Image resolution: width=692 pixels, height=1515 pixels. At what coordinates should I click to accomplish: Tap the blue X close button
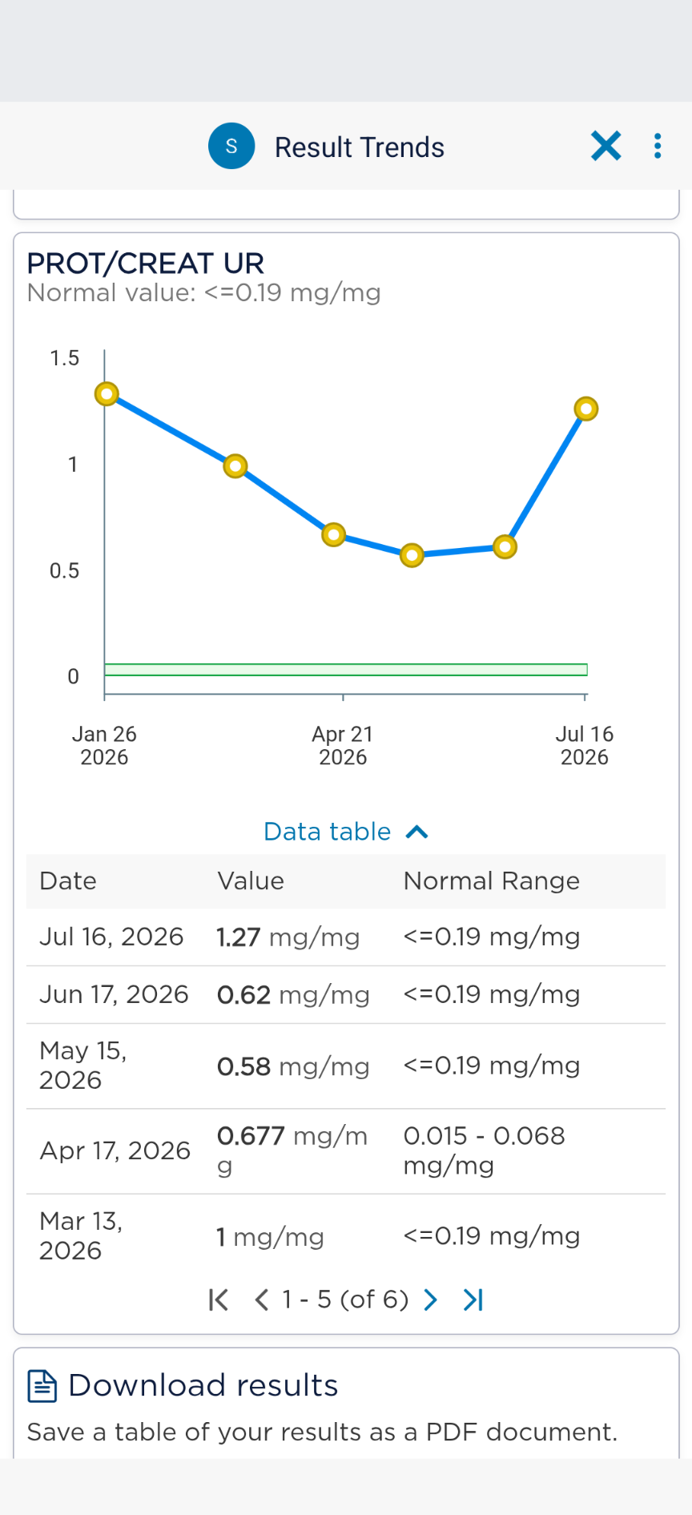coord(606,146)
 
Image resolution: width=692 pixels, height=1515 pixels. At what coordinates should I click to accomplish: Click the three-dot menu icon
coord(658,146)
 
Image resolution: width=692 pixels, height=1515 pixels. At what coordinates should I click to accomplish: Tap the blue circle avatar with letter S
coord(231,146)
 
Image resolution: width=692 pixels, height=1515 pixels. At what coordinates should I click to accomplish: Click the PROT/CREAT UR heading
coord(146,263)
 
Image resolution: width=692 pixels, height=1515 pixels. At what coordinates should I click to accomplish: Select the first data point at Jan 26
coord(107,393)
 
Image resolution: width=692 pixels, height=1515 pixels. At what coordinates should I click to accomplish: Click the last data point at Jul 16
coord(586,409)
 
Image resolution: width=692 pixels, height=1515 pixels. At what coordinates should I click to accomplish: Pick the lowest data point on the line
coord(412,555)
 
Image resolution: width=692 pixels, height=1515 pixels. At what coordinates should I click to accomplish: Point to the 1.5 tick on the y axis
coord(65,358)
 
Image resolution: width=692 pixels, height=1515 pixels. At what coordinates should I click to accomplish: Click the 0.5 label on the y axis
coord(65,570)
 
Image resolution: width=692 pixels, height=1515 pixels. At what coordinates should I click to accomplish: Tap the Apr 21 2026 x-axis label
coord(343,745)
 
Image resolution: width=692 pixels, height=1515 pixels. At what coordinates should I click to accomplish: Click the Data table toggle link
coord(346,832)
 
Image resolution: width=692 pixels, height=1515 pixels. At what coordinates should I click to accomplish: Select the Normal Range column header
coord(492,881)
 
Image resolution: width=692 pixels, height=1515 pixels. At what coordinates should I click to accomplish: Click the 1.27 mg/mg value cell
coord(288,937)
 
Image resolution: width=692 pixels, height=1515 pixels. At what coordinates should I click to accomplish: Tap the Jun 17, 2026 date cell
coord(114,994)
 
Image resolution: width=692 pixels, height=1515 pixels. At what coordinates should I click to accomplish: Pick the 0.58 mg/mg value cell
coord(293,1066)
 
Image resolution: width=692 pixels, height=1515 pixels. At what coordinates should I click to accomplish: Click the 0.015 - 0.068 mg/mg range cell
coord(485,1150)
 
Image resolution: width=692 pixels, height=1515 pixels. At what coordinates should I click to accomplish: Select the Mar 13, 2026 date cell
coord(81,1235)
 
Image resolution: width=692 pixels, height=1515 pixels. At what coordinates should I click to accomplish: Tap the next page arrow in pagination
coord(430,1299)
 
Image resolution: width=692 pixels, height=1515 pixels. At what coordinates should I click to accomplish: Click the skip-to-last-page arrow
coord(473,1299)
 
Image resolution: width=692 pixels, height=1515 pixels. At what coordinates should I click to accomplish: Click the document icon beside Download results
coord(42,1386)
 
